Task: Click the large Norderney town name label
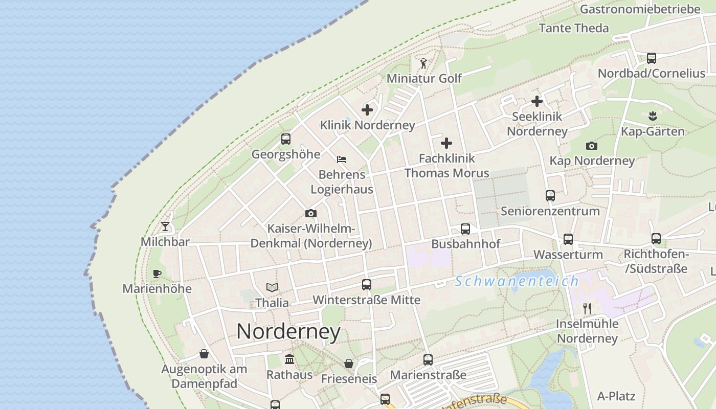tap(288, 332)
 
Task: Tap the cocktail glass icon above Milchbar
tap(165, 226)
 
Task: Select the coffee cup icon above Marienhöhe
tap(157, 274)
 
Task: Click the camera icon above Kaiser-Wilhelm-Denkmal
tap(310, 213)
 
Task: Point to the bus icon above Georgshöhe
tap(286, 139)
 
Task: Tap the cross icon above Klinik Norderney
tap(367, 109)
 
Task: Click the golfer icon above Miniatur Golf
tap(423, 63)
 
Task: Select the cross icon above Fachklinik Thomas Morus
tap(446, 143)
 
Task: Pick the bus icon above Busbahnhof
tap(465, 229)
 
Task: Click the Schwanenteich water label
tap(517, 281)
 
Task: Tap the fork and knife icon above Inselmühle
tap(587, 308)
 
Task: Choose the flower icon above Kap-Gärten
tap(652, 116)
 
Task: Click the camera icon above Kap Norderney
tap(592, 146)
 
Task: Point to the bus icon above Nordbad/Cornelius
tap(652, 58)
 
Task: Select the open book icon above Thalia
tap(272, 288)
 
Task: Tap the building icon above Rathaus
tap(289, 359)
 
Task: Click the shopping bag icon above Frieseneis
tap(349, 363)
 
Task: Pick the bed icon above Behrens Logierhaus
tap(342, 160)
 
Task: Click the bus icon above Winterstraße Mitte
tap(367, 285)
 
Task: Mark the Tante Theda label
tap(574, 28)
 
